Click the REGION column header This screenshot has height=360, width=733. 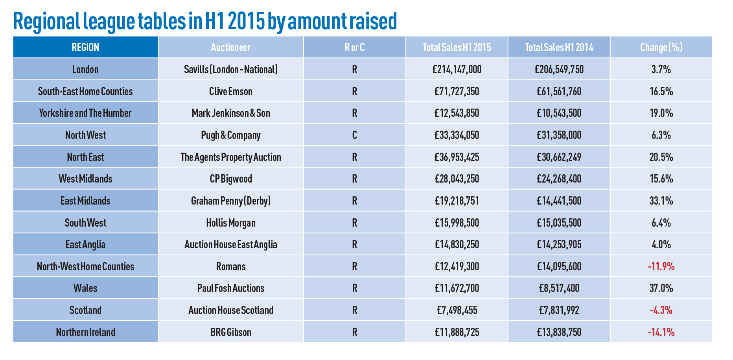[x=85, y=48]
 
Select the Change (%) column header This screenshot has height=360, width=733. [x=661, y=48]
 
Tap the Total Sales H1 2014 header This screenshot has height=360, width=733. [x=559, y=48]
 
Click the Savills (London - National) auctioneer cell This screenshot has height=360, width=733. [x=231, y=70]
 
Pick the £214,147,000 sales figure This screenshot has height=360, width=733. [x=457, y=70]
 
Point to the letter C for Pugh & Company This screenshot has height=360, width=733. [x=354, y=135]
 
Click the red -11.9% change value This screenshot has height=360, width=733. [x=661, y=267]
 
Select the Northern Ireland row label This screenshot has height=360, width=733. [x=85, y=332]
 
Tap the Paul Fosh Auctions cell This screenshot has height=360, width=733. [x=231, y=288]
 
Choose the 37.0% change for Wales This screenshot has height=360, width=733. [x=661, y=288]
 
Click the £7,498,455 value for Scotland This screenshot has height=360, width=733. [x=457, y=310]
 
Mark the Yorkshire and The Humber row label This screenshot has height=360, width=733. [x=85, y=113]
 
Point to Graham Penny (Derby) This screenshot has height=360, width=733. [x=231, y=201]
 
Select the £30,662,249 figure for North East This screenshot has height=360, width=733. [x=559, y=157]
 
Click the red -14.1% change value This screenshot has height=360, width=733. [x=661, y=332]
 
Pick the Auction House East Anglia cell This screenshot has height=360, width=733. [x=231, y=245]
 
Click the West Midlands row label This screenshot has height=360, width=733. [x=85, y=179]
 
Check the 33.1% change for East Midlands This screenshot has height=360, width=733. [x=661, y=201]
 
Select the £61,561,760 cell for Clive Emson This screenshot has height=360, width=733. [x=559, y=92]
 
